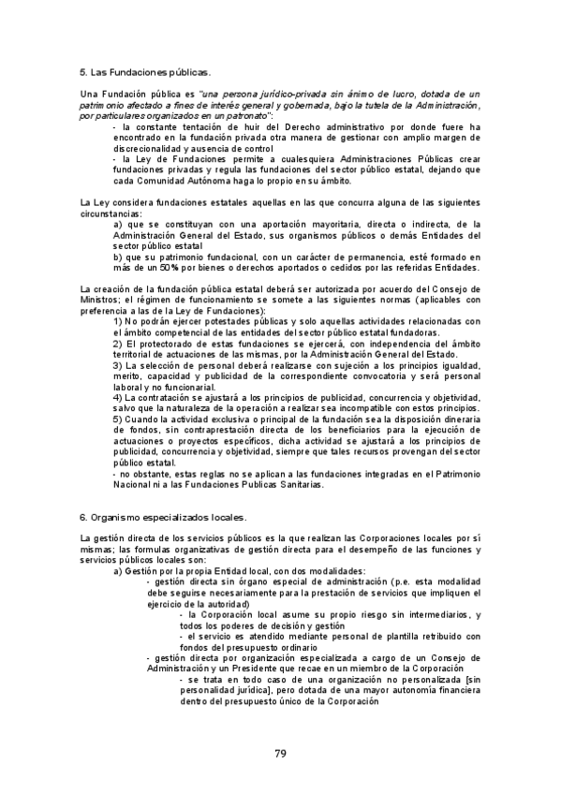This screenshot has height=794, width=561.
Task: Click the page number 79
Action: click(280, 753)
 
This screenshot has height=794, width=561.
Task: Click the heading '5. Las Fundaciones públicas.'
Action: click(145, 71)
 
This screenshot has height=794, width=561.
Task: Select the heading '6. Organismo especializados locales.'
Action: click(163, 516)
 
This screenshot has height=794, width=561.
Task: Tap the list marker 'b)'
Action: click(118, 257)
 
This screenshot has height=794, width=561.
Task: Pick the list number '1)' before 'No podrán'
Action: click(118, 321)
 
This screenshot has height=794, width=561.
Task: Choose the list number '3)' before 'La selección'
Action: click(118, 365)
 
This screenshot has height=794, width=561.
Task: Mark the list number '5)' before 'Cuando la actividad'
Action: click(118, 419)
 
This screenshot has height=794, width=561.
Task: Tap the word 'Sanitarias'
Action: click(296, 485)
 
